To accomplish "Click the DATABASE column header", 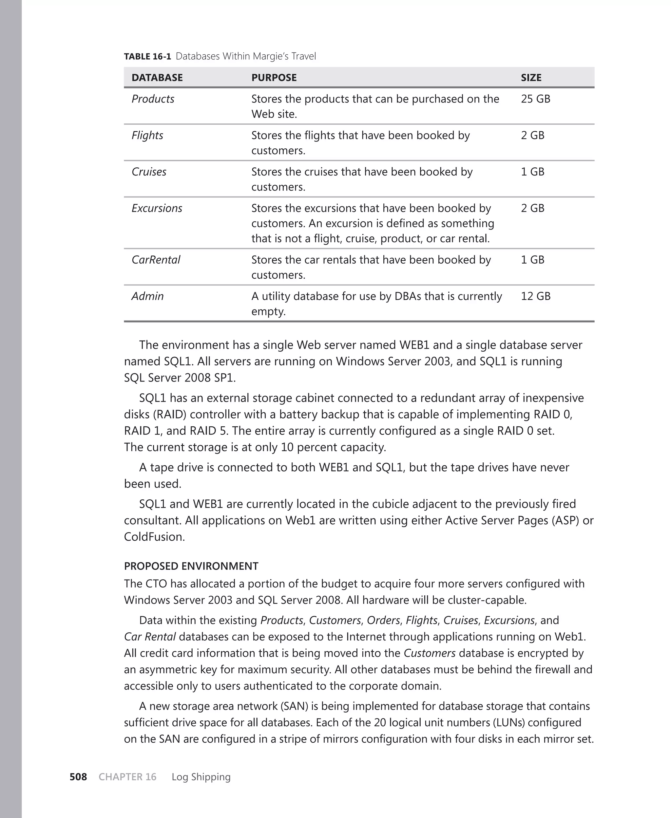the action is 157,78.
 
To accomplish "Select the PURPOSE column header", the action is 274,78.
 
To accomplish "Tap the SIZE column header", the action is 531,78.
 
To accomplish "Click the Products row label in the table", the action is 153,99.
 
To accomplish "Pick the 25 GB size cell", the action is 535,99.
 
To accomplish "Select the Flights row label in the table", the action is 147,135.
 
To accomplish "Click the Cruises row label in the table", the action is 149,172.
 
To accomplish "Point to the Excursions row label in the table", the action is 157,208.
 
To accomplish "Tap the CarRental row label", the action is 156,260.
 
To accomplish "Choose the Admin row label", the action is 147,296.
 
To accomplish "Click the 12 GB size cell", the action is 535,296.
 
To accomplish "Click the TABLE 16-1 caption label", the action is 147,56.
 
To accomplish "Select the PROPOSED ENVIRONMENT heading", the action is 191,566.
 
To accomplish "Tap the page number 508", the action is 78,777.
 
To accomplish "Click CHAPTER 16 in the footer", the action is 127,777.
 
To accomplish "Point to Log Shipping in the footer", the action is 201,777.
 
